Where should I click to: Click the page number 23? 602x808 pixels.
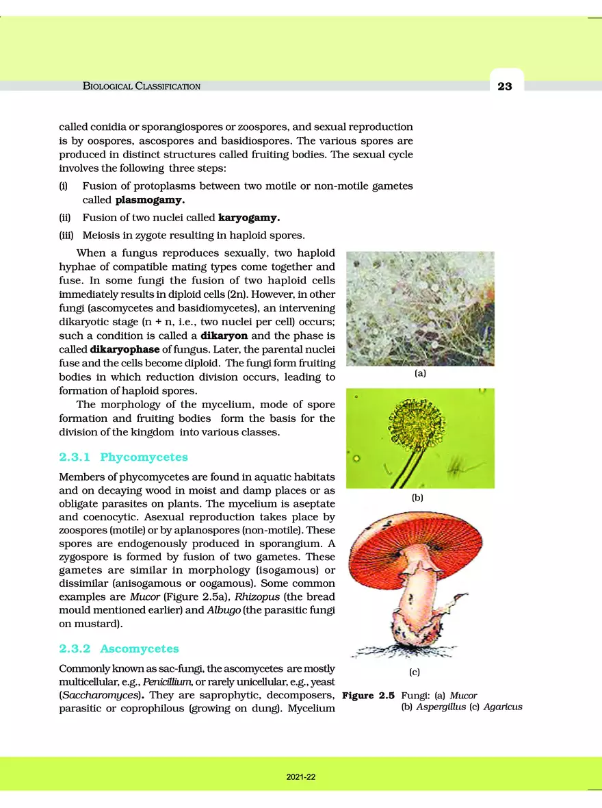point(505,86)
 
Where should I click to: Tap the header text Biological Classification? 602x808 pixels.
point(142,86)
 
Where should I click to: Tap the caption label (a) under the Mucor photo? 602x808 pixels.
point(420,374)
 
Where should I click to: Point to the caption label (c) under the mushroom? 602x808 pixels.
point(414,672)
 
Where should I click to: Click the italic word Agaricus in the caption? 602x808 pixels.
point(503,707)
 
